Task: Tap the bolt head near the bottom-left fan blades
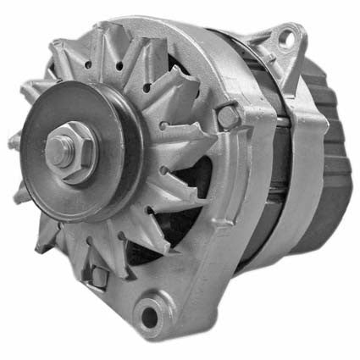(100, 275)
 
